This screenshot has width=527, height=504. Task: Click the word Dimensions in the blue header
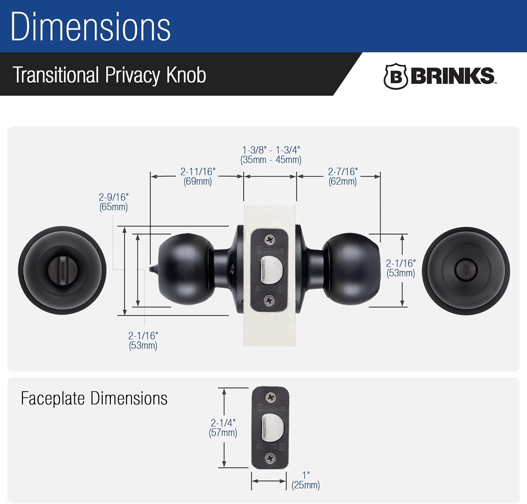point(91,27)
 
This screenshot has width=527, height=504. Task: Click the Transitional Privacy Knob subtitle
point(109,75)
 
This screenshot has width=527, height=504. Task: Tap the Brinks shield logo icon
point(395,76)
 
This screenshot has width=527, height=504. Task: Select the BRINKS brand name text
point(453,76)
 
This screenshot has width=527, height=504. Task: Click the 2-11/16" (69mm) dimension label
point(197,176)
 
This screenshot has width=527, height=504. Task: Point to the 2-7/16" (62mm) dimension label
point(343,176)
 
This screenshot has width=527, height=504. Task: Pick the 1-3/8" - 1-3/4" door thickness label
point(271,155)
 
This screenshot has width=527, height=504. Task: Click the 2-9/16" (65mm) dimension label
point(113,202)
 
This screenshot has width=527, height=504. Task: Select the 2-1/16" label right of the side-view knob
point(401,268)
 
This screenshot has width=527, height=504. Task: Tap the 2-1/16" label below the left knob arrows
point(143,340)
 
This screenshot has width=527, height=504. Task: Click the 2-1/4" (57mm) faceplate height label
point(223,427)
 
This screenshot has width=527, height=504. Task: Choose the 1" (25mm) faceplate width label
point(305,480)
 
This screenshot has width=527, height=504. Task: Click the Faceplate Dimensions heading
point(94,398)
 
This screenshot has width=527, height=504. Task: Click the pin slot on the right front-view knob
point(466,271)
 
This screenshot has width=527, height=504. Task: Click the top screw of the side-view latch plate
point(270,240)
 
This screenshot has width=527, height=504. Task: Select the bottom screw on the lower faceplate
point(270,458)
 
